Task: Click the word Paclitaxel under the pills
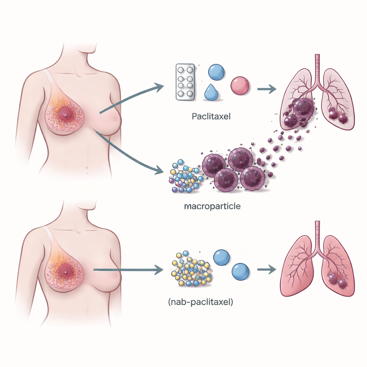point(211,116)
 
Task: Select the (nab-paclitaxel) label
point(200,302)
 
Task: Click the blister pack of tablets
point(185,82)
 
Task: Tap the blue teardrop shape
point(211,92)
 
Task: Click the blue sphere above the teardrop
point(216,72)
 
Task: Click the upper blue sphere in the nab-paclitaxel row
point(221,258)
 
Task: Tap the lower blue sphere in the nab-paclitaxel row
point(240,272)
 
